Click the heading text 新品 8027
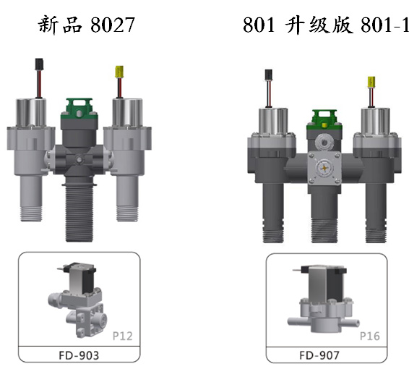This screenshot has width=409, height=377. pyautogui.click(x=86, y=25)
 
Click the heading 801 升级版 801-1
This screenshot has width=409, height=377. pyautogui.click(x=326, y=25)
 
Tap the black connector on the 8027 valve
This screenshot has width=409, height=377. pyautogui.click(x=39, y=64)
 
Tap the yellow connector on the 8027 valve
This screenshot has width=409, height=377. pyautogui.click(x=119, y=72)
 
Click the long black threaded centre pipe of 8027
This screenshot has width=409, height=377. pyautogui.click(x=79, y=213)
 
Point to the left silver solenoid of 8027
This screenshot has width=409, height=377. pyautogui.click(x=31, y=113)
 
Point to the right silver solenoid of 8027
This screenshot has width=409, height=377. pyautogui.click(x=127, y=113)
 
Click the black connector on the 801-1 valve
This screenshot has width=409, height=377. pyautogui.click(x=268, y=75)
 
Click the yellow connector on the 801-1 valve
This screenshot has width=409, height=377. pyautogui.click(x=371, y=82)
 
